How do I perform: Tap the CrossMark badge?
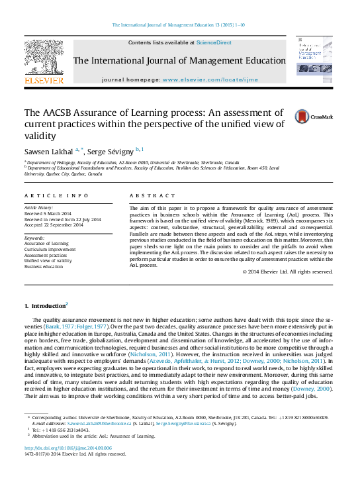point(314,117)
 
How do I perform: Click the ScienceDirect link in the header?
point(214,42)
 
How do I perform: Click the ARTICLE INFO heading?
point(56,196)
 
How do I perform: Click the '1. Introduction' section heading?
point(44,307)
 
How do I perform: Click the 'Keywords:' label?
point(34,237)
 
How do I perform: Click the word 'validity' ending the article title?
point(39,136)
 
